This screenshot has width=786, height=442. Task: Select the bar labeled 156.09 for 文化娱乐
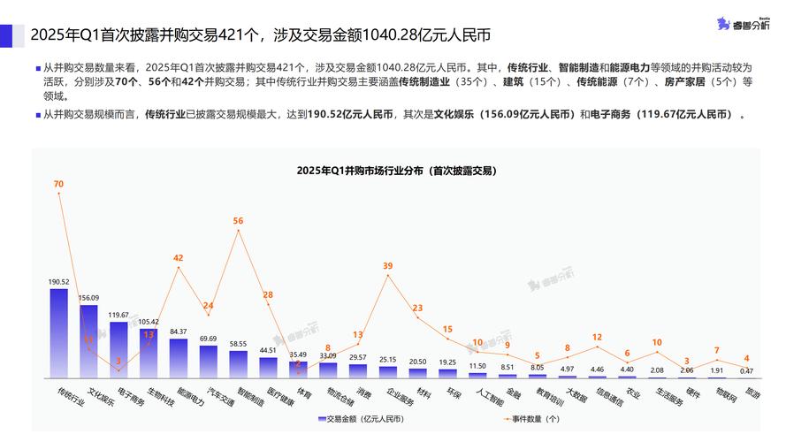[x=88, y=341]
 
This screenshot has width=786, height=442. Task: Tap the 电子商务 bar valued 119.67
[x=118, y=349]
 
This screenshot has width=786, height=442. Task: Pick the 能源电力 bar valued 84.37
[x=179, y=358]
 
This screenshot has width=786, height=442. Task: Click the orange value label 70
[x=58, y=184]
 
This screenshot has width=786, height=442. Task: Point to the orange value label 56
[x=238, y=220]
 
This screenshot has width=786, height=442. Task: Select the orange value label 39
[x=388, y=265]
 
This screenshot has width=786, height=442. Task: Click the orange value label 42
[x=179, y=258]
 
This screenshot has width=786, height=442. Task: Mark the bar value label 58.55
[x=238, y=343]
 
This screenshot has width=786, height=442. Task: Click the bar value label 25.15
[x=388, y=360]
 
